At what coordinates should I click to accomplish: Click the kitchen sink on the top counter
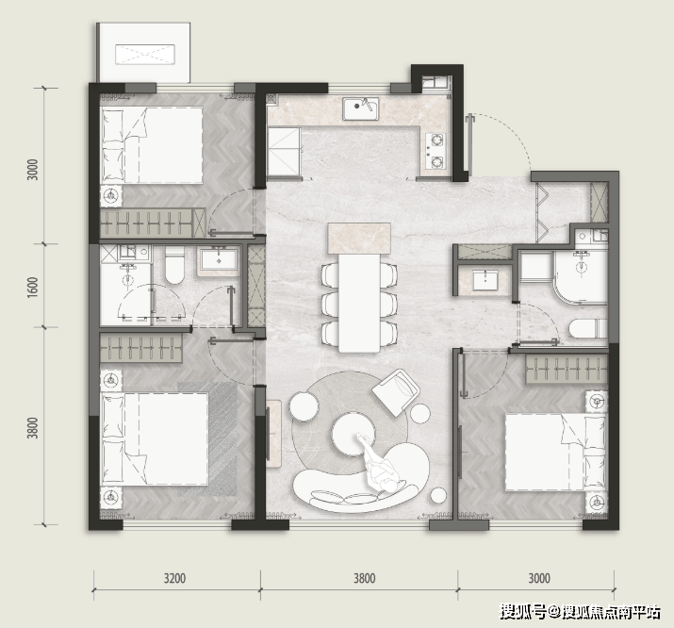click(x=361, y=108)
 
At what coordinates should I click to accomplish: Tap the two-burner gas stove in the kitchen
click(x=436, y=151)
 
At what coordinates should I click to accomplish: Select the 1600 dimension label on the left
click(x=33, y=287)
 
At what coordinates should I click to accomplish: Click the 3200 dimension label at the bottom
click(x=174, y=578)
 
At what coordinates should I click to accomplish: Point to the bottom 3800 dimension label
click(x=364, y=578)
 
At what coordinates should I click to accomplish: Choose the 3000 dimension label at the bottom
click(x=538, y=578)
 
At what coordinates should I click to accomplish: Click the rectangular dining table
click(x=359, y=303)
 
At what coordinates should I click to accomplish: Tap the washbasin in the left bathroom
click(x=219, y=261)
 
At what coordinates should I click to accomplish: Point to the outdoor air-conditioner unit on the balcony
click(x=145, y=55)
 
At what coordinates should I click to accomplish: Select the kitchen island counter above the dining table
click(x=359, y=239)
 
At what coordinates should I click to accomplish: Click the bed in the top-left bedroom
click(x=152, y=145)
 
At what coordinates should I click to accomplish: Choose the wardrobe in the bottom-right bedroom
click(x=567, y=369)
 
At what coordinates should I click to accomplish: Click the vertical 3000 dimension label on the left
click(x=33, y=170)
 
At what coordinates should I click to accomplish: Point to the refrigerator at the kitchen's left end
click(x=284, y=152)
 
